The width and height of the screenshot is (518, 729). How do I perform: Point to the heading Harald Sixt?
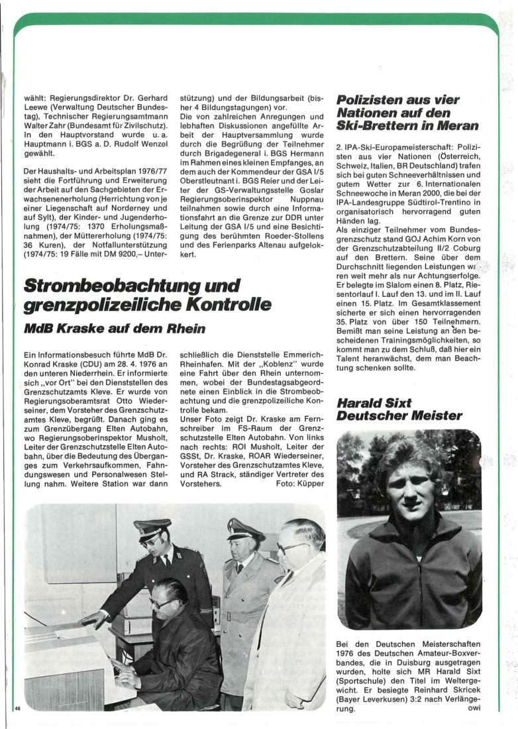pyautogui.click(x=374, y=403)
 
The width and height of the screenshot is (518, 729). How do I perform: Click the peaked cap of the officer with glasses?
pyautogui.click(x=152, y=528)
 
